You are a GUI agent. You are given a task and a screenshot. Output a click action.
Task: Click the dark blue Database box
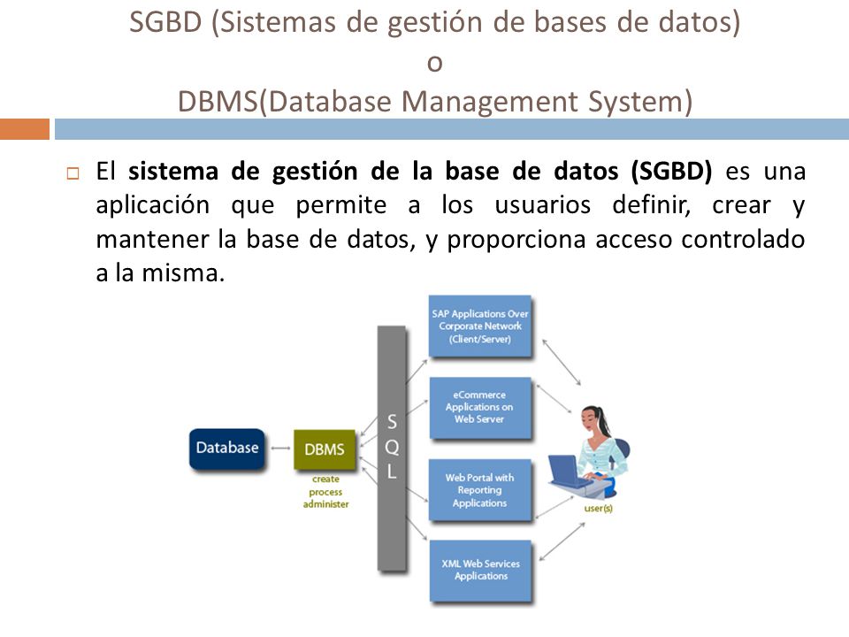tap(227, 448)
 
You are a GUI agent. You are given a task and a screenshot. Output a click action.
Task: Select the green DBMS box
tap(324, 449)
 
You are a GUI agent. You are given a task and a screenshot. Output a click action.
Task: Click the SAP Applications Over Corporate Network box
tap(480, 326)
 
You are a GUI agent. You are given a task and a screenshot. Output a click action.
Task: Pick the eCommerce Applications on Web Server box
tap(480, 408)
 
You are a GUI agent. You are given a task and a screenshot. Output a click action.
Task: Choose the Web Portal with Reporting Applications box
tap(480, 489)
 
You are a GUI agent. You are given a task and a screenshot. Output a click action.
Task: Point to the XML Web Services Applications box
tap(480, 571)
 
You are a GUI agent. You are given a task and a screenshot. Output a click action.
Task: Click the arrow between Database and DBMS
tap(280, 449)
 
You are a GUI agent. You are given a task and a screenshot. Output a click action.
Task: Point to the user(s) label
tap(599, 510)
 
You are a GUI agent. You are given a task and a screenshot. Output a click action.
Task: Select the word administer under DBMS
tap(325, 504)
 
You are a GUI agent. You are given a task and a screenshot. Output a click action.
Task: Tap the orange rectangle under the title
tap(24, 129)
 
